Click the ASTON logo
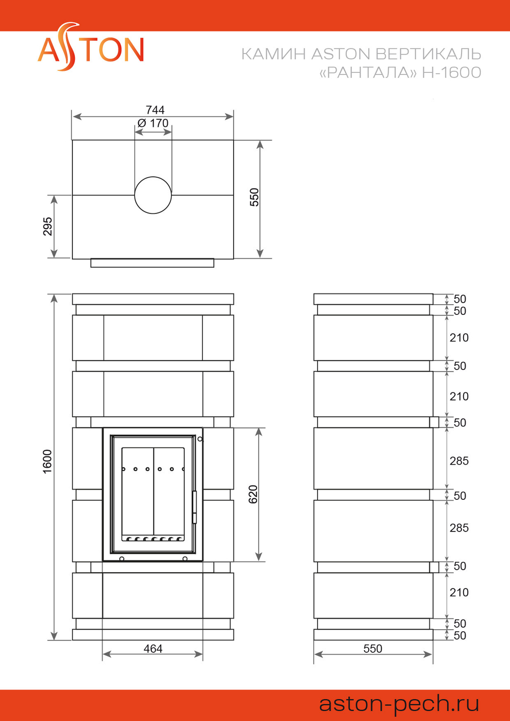[91, 47]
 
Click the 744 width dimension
[155, 110]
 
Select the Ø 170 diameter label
[153, 123]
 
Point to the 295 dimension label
[47, 226]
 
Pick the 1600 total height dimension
[47, 462]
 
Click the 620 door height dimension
[253, 494]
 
